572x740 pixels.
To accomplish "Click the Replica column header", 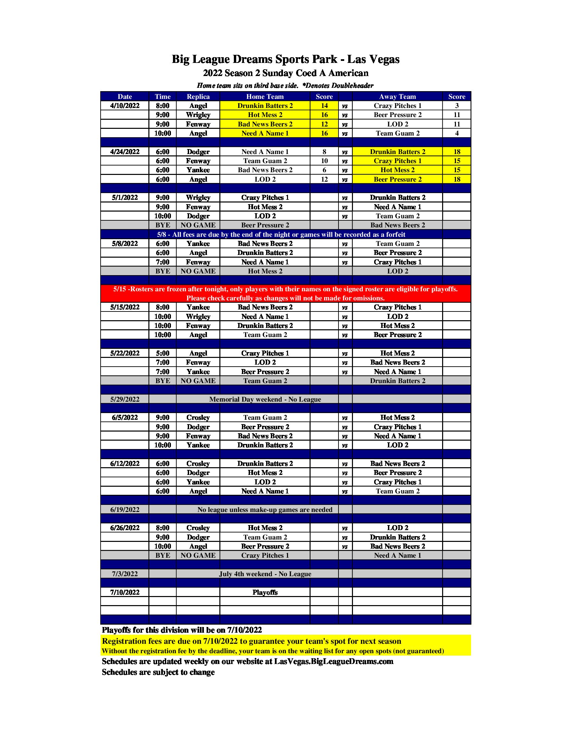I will [x=198, y=97].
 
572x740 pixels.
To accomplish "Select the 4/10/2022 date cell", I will [x=125, y=106].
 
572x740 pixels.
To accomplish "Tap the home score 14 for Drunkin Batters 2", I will [x=324, y=106].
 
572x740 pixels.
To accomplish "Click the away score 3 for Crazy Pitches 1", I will [x=457, y=106].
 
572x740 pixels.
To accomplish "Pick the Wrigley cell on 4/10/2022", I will [x=198, y=115].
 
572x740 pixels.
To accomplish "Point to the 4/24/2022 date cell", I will [x=125, y=152].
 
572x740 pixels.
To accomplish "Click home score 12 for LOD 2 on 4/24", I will [x=324, y=179].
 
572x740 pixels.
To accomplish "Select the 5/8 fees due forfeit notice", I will [x=281, y=234].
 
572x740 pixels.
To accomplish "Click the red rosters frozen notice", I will [x=285, y=293].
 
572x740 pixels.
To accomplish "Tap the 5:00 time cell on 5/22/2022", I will [x=162, y=353].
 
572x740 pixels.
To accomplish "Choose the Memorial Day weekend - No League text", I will [x=265, y=399].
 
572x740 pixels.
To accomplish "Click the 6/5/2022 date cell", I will [x=125, y=417].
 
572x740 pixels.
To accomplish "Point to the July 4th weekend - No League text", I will [x=265, y=573].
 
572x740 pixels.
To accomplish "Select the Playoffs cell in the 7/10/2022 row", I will [x=265, y=592].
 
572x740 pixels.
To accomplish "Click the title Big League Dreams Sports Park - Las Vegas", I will [x=285, y=59].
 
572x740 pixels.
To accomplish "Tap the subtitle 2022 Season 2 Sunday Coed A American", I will [x=285, y=73].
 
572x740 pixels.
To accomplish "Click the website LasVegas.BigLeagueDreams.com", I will [x=333, y=661].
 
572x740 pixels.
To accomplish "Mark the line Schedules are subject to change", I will [x=158, y=672].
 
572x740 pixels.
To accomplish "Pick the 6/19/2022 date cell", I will [x=125, y=510].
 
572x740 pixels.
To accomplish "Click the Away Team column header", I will [x=397, y=97].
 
